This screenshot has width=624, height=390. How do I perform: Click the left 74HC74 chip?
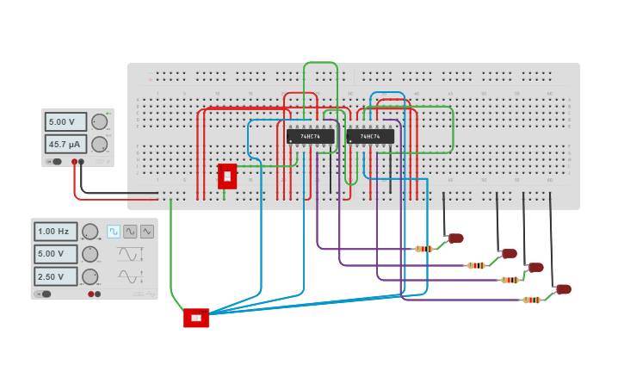[310, 136]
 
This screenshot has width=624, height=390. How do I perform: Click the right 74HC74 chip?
[370, 136]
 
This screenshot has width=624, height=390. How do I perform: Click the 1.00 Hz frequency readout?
[56, 232]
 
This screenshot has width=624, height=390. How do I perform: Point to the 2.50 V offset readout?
[56, 276]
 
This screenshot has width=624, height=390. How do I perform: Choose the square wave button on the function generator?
[114, 232]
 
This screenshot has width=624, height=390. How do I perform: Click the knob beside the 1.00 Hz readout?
[90, 232]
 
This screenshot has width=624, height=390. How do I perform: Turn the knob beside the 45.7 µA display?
[100, 144]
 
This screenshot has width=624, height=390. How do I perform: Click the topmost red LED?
[456, 238]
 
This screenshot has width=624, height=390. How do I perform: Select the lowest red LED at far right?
[564, 289]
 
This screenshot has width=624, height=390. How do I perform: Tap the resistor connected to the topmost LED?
[423, 249]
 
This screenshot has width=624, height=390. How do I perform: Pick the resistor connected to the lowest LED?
[532, 300]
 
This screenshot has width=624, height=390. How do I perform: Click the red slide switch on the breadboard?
[227, 176]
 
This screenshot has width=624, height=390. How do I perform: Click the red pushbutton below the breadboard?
[196, 318]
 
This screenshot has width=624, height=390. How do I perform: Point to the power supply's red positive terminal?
[75, 162]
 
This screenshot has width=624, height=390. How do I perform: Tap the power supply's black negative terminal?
[82, 162]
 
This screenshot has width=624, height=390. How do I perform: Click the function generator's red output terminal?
[91, 294]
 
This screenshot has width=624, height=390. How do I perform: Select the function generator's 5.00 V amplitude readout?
[56, 254]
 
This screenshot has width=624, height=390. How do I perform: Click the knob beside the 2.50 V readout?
[90, 276]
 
